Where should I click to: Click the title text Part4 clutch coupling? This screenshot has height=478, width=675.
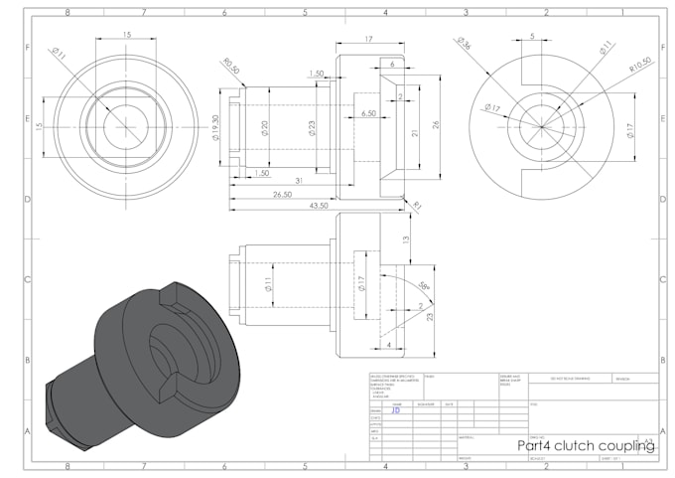(x=587, y=446)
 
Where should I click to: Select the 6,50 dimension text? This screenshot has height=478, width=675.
(x=368, y=114)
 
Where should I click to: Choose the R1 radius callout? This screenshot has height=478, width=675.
(x=418, y=206)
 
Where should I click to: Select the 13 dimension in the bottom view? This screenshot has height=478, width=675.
(x=406, y=239)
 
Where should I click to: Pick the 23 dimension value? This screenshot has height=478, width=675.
(x=431, y=317)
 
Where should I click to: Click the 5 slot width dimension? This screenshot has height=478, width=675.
(x=532, y=36)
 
